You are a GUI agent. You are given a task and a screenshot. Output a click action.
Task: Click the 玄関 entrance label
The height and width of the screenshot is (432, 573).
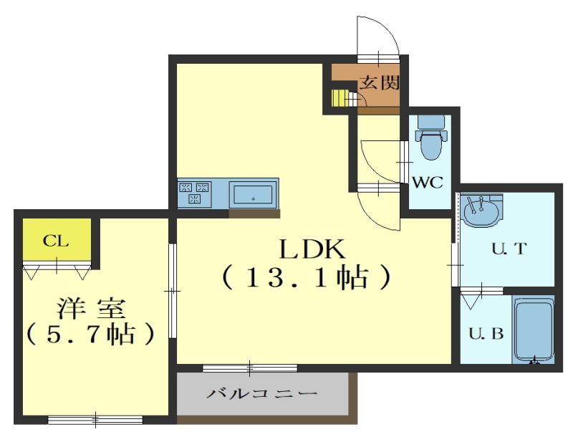click(x=379, y=82)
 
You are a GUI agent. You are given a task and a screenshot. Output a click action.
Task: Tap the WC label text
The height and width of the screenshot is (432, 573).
click(x=428, y=182)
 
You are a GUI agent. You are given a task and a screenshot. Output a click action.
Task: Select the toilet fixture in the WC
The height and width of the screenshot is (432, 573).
click(x=431, y=138)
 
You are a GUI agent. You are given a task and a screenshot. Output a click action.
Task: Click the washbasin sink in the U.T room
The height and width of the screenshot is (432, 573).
click(x=481, y=210)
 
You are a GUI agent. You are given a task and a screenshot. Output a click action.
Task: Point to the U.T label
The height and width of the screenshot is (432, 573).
click(x=509, y=249)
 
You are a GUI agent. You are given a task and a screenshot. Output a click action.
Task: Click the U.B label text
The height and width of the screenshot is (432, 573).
click(x=486, y=333)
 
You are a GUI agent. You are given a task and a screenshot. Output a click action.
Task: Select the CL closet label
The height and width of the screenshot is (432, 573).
click(x=56, y=241)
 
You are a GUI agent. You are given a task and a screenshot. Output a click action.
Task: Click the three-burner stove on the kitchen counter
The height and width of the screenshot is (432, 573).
click(x=194, y=193)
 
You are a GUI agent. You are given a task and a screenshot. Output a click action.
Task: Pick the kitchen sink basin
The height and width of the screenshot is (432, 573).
click(x=253, y=194)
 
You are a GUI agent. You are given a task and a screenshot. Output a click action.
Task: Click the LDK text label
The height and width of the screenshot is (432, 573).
click(x=312, y=250)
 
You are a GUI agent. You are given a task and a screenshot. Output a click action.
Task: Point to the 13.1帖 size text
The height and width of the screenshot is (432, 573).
click(x=307, y=279)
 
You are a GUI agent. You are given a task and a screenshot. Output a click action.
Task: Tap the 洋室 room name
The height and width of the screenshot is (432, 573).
click(x=92, y=309)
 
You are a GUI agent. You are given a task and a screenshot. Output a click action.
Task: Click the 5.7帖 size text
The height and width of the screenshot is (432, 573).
click(x=90, y=334)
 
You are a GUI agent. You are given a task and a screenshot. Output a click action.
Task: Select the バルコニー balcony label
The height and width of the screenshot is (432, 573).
click(x=262, y=394)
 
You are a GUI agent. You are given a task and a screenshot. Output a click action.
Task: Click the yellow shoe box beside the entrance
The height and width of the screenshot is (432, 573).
click(x=338, y=98)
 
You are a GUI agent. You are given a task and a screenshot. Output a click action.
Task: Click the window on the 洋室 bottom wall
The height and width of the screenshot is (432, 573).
click(x=95, y=420)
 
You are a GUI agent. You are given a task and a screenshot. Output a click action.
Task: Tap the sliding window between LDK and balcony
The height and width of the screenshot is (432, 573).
click(x=250, y=368)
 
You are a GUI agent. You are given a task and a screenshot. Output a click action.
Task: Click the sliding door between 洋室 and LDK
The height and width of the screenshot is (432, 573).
click(x=173, y=291)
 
